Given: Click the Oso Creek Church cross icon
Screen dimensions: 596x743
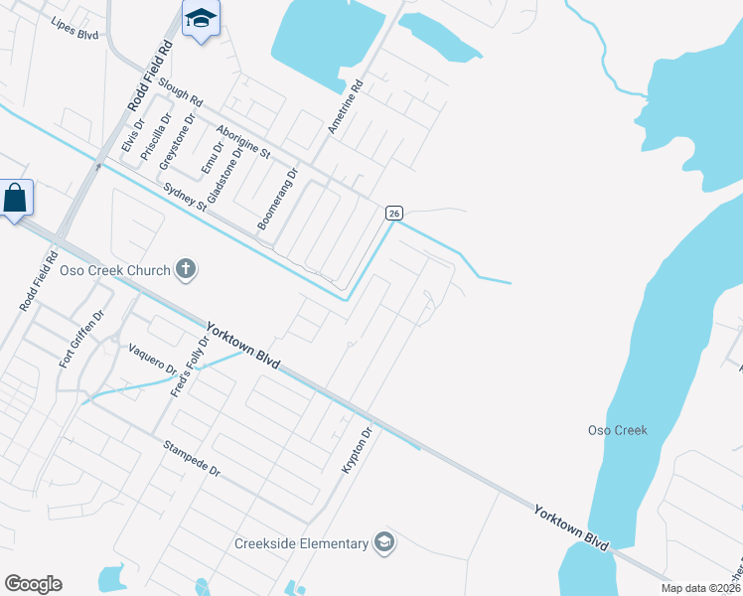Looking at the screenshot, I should (186, 268).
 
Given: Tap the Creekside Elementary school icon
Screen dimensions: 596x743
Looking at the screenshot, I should (384, 542).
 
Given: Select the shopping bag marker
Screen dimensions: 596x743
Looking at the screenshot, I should (16, 199).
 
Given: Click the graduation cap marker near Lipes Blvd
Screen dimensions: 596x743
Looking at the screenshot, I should (201, 19).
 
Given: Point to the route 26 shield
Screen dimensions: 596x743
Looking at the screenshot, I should (394, 213).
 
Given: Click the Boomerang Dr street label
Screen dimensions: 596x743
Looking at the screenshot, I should (278, 200).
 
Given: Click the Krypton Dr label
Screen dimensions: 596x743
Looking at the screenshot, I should (357, 450).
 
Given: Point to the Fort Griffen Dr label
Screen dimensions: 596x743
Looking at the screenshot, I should (81, 340).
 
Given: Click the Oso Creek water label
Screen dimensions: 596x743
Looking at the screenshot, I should (618, 430).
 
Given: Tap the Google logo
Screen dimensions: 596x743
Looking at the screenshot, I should (33, 584).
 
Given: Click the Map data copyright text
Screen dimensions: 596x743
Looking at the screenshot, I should (700, 588).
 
